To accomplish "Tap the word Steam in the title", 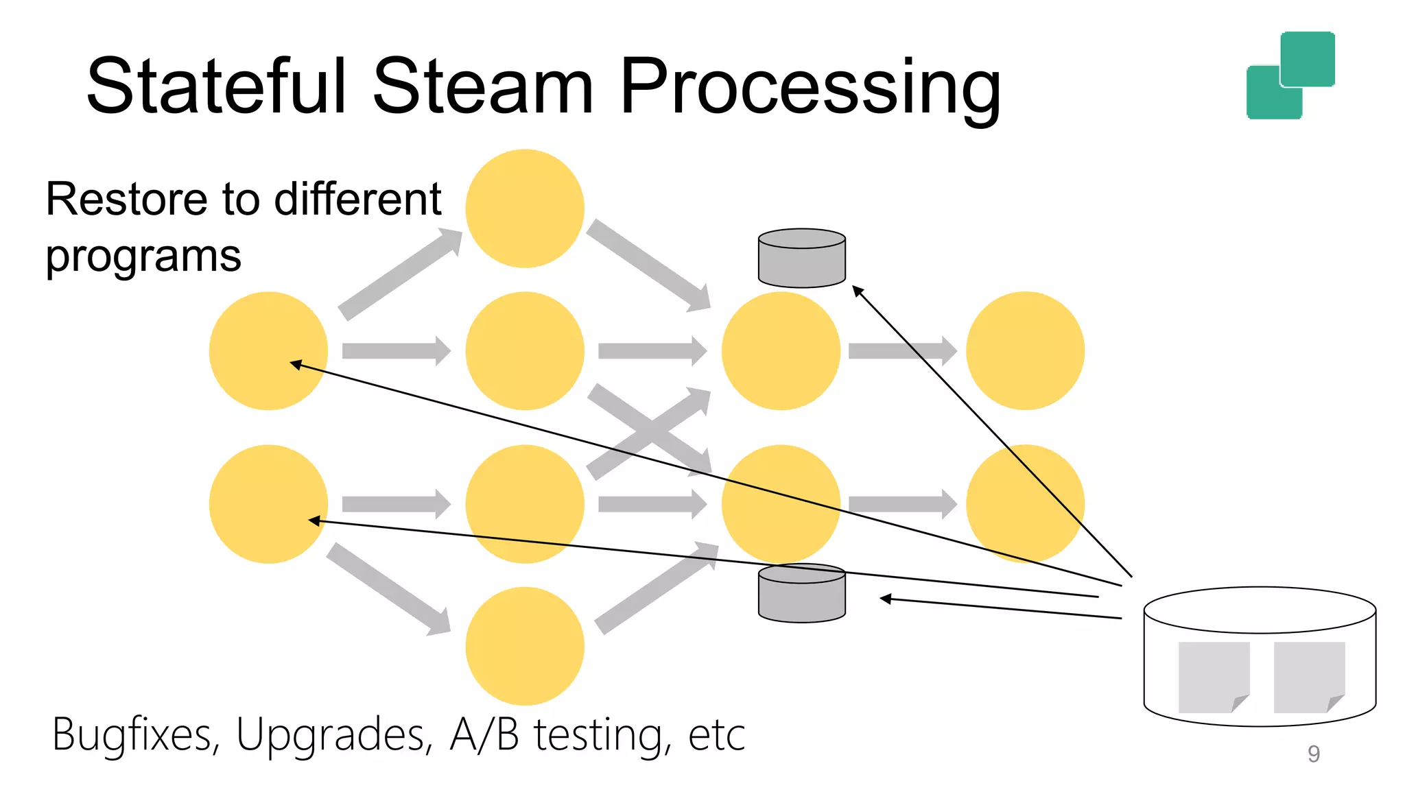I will coord(482,86).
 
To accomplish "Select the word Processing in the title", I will coord(810,89).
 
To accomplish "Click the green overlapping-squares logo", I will coord(1290,75).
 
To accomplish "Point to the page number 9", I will coord(1313,754).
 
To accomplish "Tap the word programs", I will coord(143,257).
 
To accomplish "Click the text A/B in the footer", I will coord(484,734).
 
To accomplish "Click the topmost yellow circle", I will coord(525,208).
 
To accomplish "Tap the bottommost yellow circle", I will coord(525,646).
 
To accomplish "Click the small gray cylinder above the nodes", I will coord(801,259).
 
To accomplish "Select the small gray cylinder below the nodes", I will coord(801,594).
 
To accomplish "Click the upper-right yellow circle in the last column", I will coord(1025,350).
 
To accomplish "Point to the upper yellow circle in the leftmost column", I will coord(268,350).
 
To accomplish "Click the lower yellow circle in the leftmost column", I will coord(268,504).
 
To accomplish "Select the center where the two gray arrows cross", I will coord(649,432).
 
